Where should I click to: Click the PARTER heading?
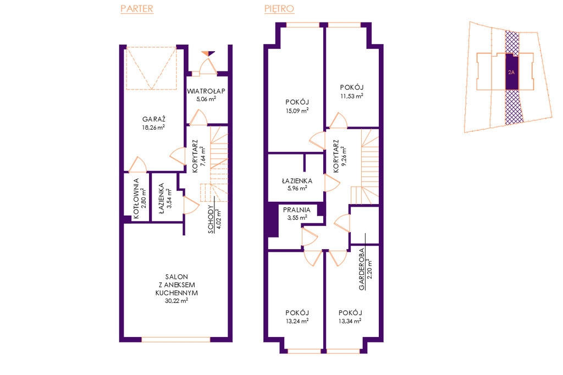point(137,9)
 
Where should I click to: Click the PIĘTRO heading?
point(279,9)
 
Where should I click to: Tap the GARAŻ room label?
point(154,119)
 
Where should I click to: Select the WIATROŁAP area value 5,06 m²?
point(206,99)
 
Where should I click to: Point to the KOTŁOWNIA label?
point(136,198)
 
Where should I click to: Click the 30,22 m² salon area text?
point(176,301)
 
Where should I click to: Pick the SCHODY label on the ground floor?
point(211,219)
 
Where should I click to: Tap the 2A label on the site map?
point(511,72)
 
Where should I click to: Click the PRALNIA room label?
point(296,210)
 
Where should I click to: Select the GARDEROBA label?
point(362,269)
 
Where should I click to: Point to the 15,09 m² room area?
point(297,111)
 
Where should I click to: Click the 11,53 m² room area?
point(352,96)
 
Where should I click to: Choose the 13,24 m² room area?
point(297,321)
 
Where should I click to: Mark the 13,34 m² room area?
point(350,321)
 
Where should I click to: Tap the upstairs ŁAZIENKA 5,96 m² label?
point(297,184)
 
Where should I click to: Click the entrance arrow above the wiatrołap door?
point(208,53)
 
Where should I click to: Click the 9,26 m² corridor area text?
point(344,156)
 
